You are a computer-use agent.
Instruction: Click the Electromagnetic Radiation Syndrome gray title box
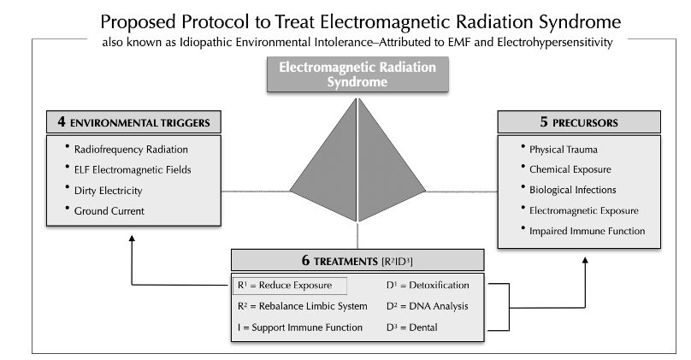[357, 75]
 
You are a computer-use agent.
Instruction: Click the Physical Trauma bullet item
[561, 149]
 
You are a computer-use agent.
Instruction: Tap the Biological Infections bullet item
[572, 190]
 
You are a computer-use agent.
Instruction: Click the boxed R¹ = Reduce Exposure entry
[290, 285]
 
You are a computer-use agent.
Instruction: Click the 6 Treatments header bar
[357, 259]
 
